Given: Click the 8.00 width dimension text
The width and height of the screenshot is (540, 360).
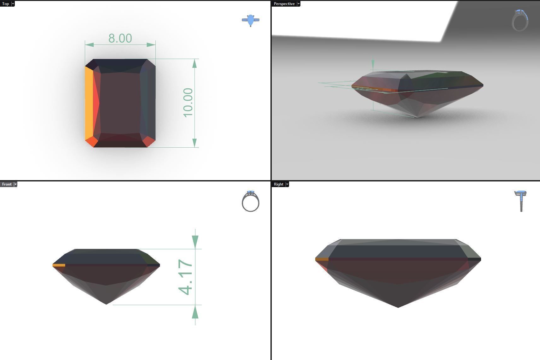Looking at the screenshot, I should [x=120, y=38].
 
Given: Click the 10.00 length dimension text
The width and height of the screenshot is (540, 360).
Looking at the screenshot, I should [x=188, y=103].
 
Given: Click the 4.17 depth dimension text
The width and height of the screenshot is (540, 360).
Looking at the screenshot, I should [x=185, y=277].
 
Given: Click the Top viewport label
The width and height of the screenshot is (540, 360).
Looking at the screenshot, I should [x=5, y=4].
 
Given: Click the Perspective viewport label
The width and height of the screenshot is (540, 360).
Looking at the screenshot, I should [x=284, y=4].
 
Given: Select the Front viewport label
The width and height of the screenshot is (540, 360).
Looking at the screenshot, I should [x=7, y=184].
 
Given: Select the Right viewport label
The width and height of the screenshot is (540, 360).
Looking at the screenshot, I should [x=278, y=184].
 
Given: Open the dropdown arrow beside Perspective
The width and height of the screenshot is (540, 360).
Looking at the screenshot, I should [x=299, y=4].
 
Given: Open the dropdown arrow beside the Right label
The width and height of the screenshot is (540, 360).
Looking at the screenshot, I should [x=287, y=184].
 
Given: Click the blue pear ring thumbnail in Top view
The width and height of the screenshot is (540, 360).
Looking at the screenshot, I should [x=251, y=20].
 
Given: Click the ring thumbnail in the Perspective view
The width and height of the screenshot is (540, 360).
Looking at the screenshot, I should [x=520, y=21].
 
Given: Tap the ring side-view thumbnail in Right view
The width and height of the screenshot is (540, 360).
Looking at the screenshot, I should [x=520, y=201].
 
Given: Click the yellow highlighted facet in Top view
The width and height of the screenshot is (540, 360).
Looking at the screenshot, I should [x=89, y=103].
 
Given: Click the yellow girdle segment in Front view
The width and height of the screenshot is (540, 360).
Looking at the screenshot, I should [x=59, y=265].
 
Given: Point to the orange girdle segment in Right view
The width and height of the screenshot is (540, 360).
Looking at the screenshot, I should [x=322, y=259].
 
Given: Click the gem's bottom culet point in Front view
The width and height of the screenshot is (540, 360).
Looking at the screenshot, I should [x=106, y=304].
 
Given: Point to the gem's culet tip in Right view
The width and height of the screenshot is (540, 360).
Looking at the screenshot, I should [x=398, y=307].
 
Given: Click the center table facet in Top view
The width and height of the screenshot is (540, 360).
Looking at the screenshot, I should [x=120, y=103].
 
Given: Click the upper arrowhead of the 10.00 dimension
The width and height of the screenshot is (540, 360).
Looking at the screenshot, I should [x=195, y=63].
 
